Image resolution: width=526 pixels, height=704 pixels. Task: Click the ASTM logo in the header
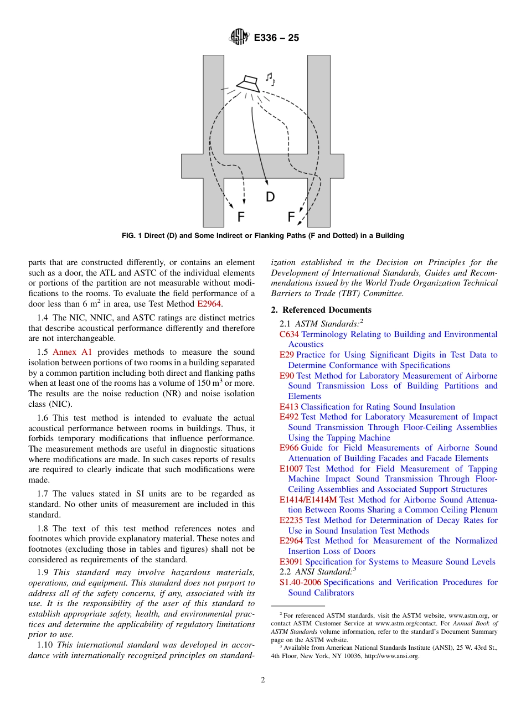[x=239, y=38]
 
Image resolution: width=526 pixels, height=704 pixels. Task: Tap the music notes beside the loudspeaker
[x=270, y=79]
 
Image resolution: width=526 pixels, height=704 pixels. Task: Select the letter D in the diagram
[x=270, y=196]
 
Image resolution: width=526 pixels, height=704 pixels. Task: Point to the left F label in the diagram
[x=241, y=216]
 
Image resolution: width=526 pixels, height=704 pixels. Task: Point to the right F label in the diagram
[x=291, y=216]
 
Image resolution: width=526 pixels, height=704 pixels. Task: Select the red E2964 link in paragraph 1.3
[x=209, y=304]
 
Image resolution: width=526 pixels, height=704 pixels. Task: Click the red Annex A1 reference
[x=72, y=352]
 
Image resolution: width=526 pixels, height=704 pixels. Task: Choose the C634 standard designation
[x=289, y=334]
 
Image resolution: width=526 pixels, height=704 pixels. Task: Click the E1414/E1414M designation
[x=308, y=500]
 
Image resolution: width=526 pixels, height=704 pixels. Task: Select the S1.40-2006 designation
[x=300, y=582]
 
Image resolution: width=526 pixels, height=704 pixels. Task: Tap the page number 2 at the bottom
[x=263, y=680]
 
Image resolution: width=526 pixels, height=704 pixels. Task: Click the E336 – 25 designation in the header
[x=276, y=38]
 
